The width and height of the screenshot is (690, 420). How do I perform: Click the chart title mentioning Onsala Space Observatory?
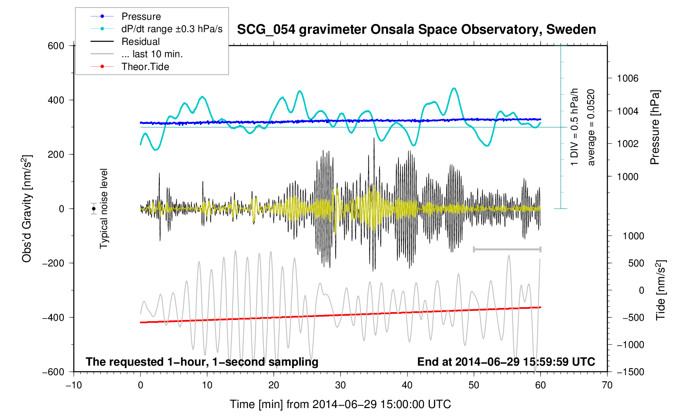416,30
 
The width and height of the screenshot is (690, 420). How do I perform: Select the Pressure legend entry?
141,16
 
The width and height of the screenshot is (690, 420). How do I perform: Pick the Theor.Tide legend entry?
145,67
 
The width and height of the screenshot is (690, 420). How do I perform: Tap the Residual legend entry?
140,42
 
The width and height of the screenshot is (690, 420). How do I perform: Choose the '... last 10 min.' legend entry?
152,54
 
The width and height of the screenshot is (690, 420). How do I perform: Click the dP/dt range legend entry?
172,29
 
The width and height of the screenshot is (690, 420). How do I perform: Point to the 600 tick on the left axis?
56,46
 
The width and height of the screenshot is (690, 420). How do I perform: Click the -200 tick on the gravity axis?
54,263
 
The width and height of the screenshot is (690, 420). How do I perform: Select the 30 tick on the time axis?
340,385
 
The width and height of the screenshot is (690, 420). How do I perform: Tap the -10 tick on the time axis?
74,385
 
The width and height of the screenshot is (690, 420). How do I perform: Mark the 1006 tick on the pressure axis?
627,78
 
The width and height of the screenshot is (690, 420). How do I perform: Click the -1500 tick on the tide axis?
630,372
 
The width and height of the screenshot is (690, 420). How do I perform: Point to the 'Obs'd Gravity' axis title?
27,209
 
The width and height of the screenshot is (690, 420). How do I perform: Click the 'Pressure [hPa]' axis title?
655,127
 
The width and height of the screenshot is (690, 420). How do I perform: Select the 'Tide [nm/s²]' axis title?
660,290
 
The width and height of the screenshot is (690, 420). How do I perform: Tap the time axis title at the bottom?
340,404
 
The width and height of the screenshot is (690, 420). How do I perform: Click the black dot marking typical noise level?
94,209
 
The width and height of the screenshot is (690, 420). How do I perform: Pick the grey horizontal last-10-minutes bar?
507,249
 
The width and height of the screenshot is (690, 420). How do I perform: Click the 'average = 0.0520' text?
591,127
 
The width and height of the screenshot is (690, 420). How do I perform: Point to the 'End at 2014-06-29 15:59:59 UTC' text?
506,362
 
